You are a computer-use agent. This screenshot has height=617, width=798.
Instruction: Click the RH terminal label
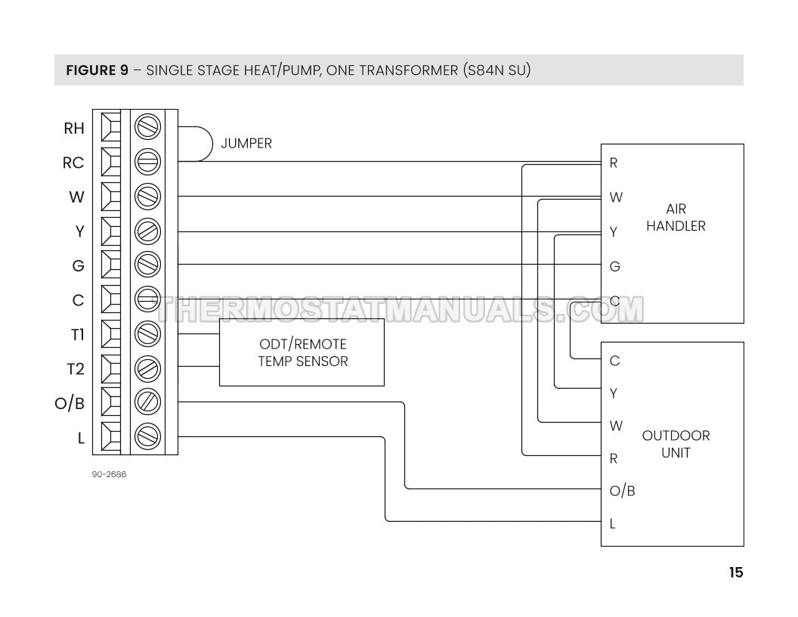[74, 128]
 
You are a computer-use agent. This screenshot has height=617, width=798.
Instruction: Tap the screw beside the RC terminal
[147, 162]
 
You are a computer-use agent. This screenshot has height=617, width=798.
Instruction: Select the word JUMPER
[246, 144]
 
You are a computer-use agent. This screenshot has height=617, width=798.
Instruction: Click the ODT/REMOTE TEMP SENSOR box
[302, 352]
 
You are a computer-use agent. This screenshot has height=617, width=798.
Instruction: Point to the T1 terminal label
[77, 335]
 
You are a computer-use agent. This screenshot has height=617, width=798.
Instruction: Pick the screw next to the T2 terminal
[147, 368]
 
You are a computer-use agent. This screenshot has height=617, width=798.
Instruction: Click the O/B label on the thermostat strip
[70, 403]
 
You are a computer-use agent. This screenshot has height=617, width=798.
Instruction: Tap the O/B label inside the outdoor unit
[622, 491]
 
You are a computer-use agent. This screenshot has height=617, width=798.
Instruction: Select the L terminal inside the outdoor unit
[613, 523]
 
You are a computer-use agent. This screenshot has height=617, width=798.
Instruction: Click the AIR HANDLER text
[676, 218]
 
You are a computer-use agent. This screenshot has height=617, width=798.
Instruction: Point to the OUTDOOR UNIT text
[676, 445]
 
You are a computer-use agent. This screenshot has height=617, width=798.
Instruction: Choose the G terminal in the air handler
[614, 266]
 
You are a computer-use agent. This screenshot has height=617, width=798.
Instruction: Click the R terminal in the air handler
[614, 163]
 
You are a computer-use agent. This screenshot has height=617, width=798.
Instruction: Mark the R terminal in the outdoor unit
[614, 458]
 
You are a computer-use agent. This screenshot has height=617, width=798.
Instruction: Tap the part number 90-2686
[109, 476]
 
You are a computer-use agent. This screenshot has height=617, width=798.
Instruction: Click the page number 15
[735, 572]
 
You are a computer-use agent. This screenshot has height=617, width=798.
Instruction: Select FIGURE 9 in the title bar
[97, 71]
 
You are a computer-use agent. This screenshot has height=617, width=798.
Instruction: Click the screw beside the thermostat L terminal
[147, 436]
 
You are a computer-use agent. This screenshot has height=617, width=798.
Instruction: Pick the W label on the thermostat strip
[76, 197]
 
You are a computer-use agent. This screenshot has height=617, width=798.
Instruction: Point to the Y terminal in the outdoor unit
[614, 393]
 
